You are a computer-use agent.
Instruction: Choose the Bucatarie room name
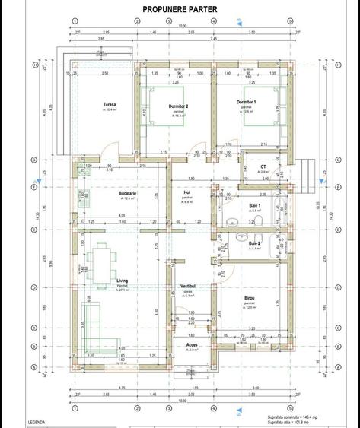coord(127,194)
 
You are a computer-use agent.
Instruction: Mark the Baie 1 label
coord(255,206)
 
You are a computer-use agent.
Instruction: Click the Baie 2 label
coord(255,243)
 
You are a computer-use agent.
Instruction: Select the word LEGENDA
coord(36,421)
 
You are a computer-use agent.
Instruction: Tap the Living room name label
coord(122,281)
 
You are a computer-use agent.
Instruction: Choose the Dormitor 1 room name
coord(246,101)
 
